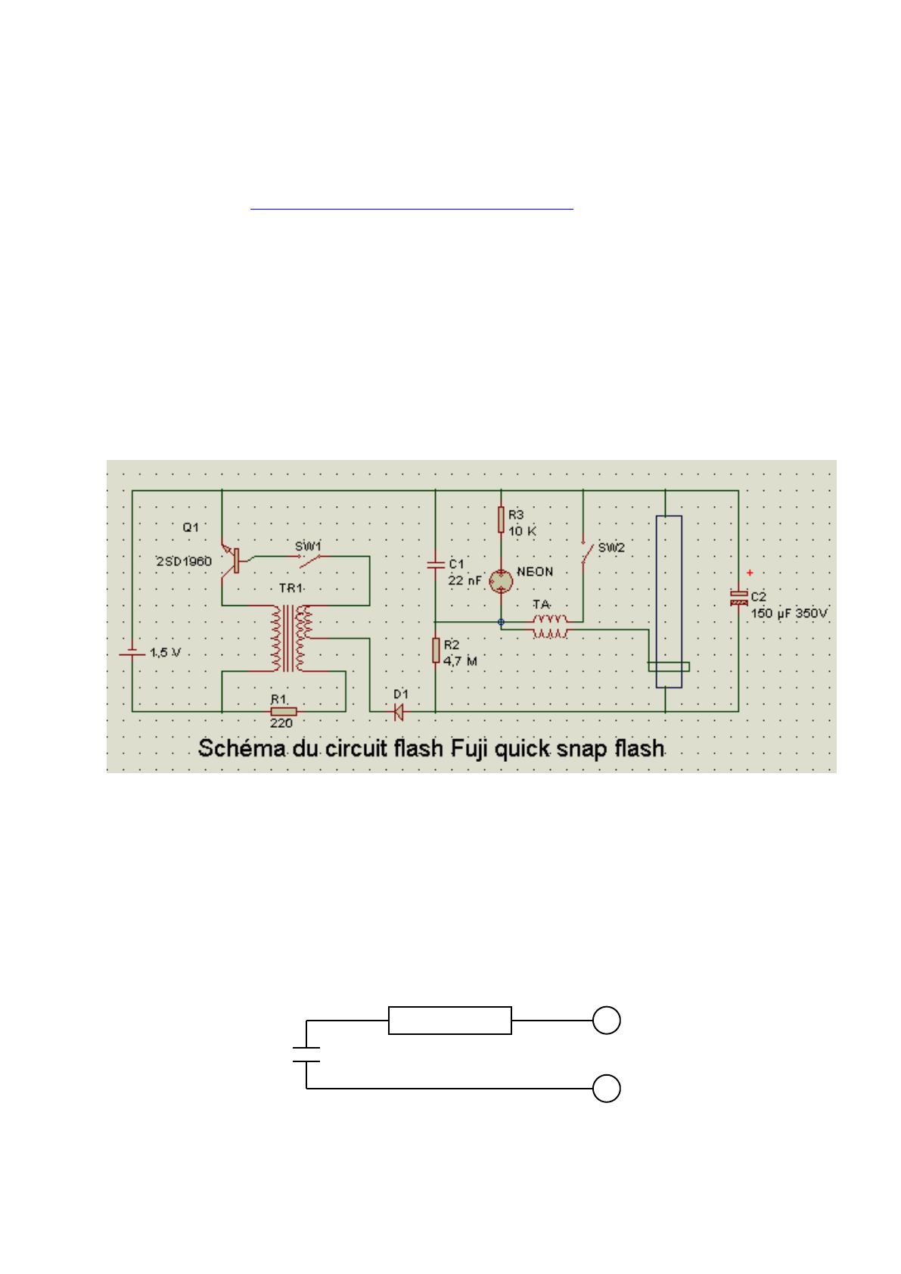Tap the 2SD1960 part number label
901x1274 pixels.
click(184, 561)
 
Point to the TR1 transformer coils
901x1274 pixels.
click(291, 639)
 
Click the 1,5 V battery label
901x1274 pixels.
click(165, 652)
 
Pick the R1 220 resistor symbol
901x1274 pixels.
click(284, 711)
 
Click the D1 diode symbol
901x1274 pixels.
click(398, 711)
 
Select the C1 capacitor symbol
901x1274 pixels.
click(436, 564)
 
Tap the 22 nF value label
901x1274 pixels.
click(464, 581)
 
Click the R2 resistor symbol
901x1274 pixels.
click(436, 650)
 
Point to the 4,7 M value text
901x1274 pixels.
click(460, 661)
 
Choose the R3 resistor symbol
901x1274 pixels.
click(501, 520)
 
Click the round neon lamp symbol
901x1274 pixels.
click(501, 581)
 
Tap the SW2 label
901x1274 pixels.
click(611, 548)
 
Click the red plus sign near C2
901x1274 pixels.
click(750, 573)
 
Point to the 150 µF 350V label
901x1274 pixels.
click(789, 614)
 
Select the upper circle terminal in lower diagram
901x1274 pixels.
click(606, 1021)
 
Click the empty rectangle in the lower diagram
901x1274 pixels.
click(450, 1021)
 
